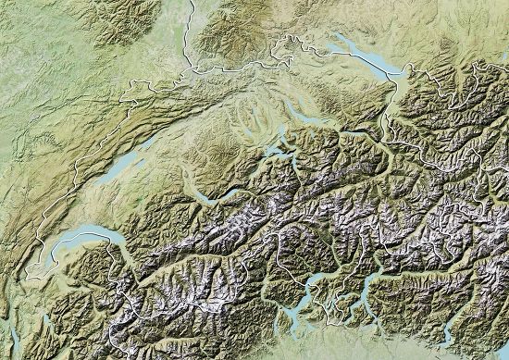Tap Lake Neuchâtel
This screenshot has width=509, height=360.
(120, 168)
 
